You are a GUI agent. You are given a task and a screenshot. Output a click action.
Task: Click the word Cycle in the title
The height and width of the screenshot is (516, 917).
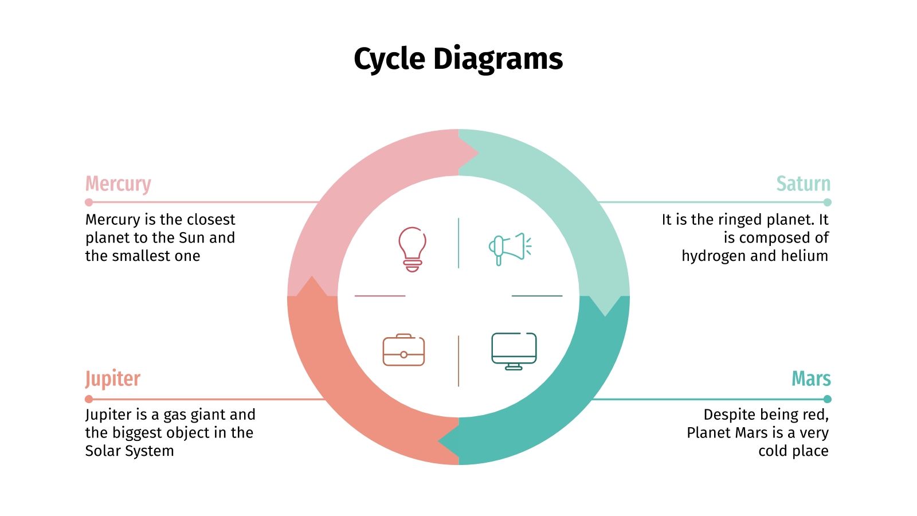click(x=389, y=59)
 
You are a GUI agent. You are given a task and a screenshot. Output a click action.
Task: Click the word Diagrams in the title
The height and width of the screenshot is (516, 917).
click(x=498, y=59)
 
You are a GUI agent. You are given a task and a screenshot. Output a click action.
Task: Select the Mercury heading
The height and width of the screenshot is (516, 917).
click(x=118, y=183)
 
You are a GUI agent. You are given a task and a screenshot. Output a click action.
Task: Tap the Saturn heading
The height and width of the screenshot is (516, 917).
click(x=803, y=183)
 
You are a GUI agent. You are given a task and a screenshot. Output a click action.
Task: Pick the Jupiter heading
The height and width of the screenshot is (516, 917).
click(x=113, y=379)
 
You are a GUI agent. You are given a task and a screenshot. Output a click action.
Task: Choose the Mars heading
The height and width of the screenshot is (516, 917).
click(x=811, y=379)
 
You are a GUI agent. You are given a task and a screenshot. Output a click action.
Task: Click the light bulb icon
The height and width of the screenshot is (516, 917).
click(x=412, y=249)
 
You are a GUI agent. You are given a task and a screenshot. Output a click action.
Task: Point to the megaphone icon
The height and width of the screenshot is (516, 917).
click(x=510, y=248)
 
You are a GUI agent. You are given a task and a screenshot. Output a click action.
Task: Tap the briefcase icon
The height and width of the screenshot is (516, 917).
click(x=403, y=350)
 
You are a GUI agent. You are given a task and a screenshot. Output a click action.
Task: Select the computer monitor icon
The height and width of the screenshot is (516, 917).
click(x=514, y=351)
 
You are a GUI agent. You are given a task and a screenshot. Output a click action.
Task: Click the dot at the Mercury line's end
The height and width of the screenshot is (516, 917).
click(x=89, y=202)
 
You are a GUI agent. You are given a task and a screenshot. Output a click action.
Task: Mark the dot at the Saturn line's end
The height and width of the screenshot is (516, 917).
click(x=827, y=202)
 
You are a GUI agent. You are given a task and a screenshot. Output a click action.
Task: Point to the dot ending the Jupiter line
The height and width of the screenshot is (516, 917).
click(x=89, y=399)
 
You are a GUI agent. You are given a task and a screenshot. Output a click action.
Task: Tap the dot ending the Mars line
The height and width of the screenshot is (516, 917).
click(x=827, y=399)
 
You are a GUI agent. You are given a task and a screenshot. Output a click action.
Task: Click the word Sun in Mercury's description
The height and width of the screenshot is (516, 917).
click(x=192, y=238)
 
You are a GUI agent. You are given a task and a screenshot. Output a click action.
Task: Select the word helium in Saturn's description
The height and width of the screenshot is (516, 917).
click(x=805, y=256)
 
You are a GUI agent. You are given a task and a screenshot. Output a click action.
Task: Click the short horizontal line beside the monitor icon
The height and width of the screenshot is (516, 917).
click(x=537, y=296)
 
